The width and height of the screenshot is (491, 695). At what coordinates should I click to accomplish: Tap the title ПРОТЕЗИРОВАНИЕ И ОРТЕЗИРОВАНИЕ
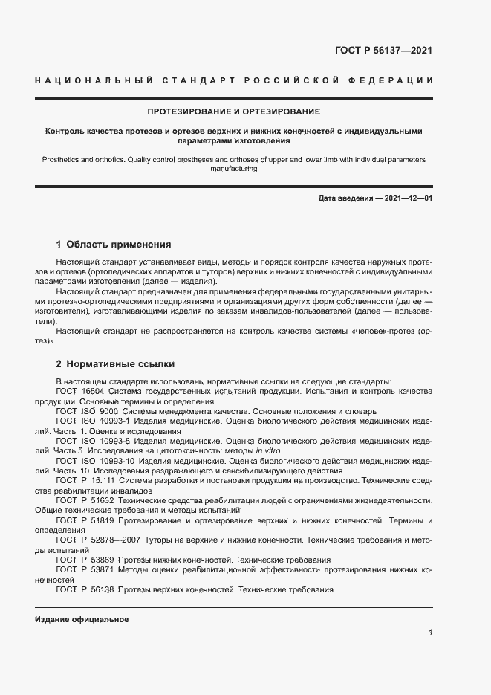(x=233, y=111)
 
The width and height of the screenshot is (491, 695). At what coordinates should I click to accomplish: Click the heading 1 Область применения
(x=114, y=244)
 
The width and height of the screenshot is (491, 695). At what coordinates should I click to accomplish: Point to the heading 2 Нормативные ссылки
(x=115, y=364)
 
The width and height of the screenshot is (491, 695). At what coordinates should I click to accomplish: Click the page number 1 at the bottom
(x=430, y=632)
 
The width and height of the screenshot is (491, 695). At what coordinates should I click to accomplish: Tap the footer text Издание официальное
(x=82, y=618)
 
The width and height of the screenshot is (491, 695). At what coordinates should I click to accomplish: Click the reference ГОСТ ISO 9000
(x=86, y=411)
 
